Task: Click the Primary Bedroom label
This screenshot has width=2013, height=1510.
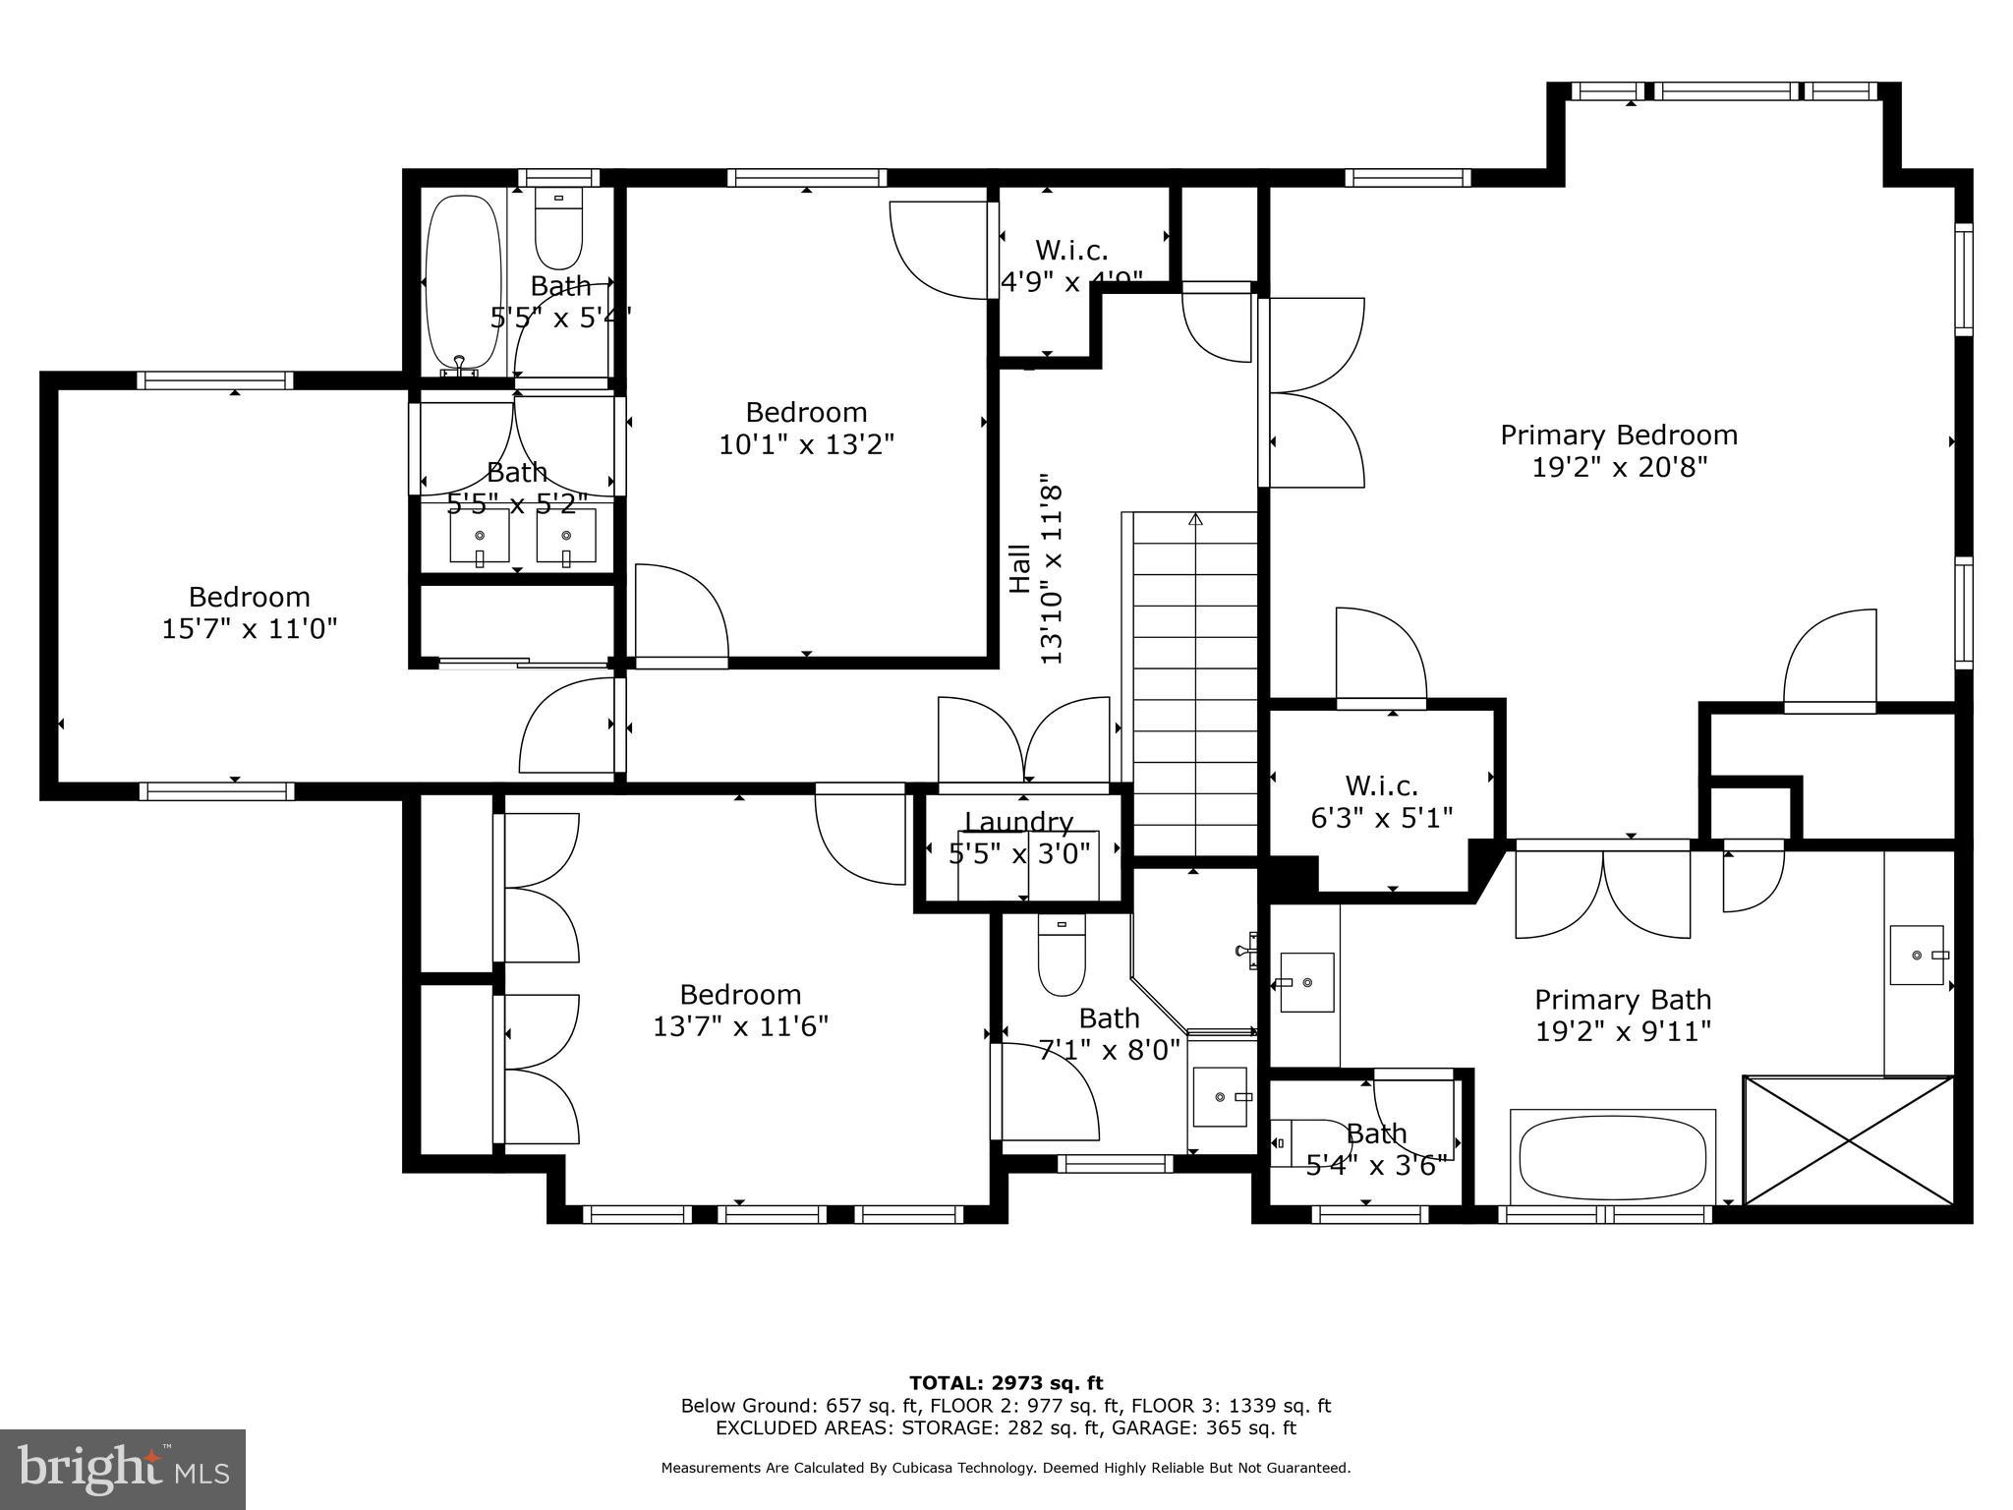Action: [x=1618, y=435]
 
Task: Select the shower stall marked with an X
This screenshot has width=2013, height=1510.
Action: [x=1848, y=1140]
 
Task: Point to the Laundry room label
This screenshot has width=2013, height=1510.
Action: [x=1018, y=822]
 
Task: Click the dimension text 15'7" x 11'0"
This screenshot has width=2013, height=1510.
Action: [x=250, y=629]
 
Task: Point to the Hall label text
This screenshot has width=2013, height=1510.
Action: [x=1020, y=568]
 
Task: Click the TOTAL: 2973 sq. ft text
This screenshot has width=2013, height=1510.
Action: [x=1006, y=1383]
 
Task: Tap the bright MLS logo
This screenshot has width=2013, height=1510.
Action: [x=123, y=1469]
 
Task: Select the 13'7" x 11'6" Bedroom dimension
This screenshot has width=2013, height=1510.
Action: [x=740, y=1026]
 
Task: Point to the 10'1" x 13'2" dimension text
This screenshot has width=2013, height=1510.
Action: [x=806, y=445]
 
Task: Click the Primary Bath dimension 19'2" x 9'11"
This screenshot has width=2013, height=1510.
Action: [x=1623, y=1031]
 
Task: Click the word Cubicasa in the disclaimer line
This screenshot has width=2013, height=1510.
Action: [x=928, y=1468]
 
